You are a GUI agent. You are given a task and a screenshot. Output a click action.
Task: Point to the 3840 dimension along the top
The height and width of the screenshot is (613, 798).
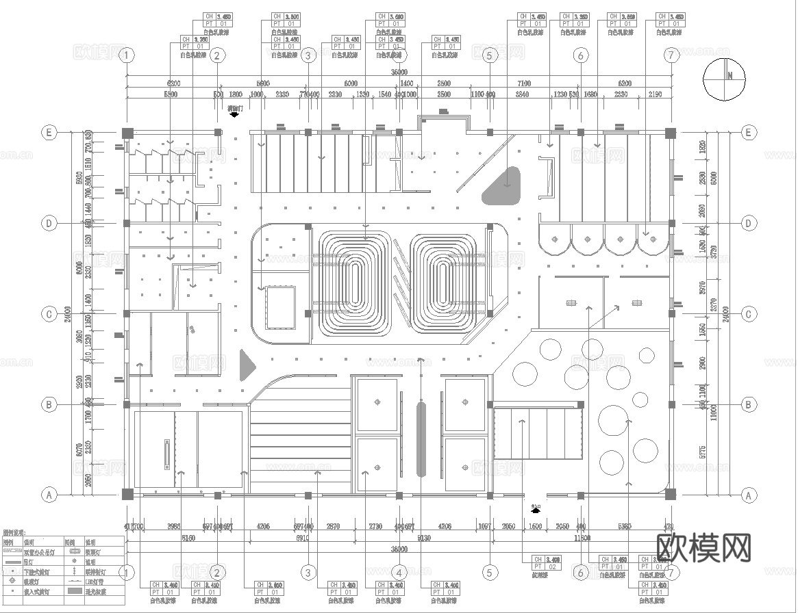pyautogui.click(x=522, y=94)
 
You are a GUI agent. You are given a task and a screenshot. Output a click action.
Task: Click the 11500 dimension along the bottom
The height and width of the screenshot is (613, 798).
pyautogui.click(x=582, y=538)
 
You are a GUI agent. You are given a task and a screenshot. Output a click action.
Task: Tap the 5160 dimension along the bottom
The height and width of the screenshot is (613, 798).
pyautogui.click(x=188, y=538)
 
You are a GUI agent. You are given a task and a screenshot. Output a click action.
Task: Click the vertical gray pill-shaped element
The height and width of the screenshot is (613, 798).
pyautogui.click(x=421, y=439)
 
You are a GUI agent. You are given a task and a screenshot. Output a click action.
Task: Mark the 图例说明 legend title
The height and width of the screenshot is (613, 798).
pyautogui.click(x=14, y=532)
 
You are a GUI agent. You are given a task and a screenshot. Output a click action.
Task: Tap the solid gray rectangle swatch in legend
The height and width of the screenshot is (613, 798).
pyautogui.click(x=75, y=590)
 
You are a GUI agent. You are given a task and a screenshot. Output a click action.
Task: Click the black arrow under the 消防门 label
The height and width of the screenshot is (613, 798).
pyautogui.click(x=235, y=116)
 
